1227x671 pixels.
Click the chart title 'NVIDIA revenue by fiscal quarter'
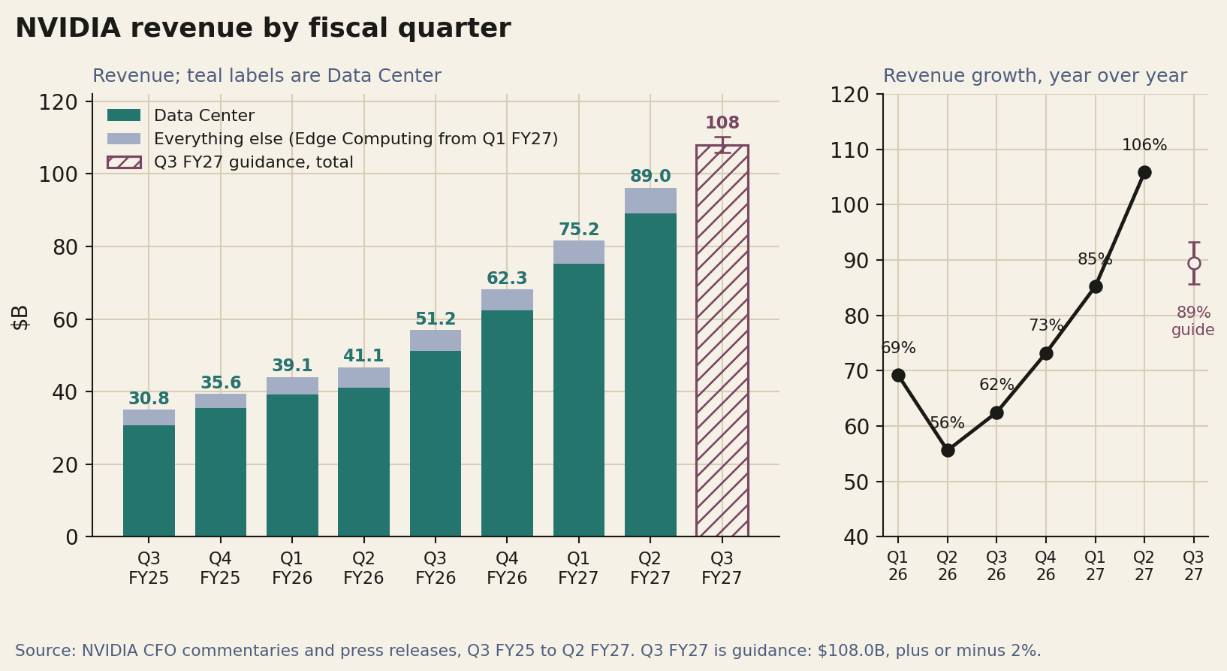[263, 29]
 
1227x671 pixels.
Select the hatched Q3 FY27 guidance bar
[722, 340]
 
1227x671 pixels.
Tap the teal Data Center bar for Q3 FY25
[149, 481]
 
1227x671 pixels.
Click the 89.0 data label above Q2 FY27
[650, 176]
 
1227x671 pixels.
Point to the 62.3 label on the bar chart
[507, 279]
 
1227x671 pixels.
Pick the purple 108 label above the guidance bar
[722, 122]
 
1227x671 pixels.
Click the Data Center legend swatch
[124, 115]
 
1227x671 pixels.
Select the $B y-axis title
[20, 317]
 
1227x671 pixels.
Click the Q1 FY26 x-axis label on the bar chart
[292, 569]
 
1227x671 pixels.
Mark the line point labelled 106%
[1144, 173]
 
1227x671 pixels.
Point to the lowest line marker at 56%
[948, 451]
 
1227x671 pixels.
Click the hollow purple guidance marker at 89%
[1194, 264]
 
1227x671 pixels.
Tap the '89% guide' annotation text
[1193, 322]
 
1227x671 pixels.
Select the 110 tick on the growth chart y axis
[849, 150]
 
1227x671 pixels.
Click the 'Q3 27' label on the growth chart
[1194, 566]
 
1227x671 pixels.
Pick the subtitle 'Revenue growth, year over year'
[1035, 76]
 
